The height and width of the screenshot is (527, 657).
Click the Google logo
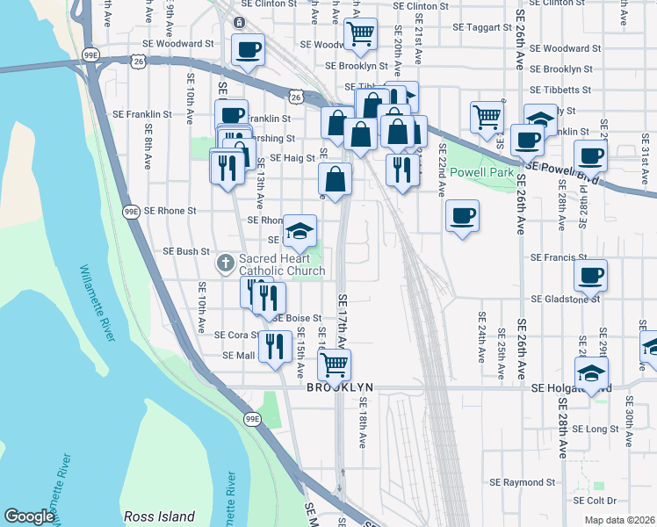[29, 516]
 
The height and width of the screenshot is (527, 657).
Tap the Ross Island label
[159, 516]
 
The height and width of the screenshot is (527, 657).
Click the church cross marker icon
[226, 263]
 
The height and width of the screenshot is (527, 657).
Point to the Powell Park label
[482, 172]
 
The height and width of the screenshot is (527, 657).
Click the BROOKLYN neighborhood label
[340, 387]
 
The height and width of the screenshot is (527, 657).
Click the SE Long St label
[596, 430]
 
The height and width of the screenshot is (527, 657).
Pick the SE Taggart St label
[482, 27]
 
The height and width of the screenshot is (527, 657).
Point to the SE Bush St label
[186, 251]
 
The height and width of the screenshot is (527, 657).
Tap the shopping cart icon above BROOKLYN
[334, 363]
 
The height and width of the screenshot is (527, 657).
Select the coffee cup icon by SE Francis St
[589, 274]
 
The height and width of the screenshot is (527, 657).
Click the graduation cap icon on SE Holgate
[592, 372]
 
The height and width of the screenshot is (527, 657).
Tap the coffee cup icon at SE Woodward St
[248, 49]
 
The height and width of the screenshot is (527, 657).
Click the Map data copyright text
[620, 520]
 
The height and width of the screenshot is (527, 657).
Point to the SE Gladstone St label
[565, 299]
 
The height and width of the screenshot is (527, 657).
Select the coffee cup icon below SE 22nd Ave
[462, 215]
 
